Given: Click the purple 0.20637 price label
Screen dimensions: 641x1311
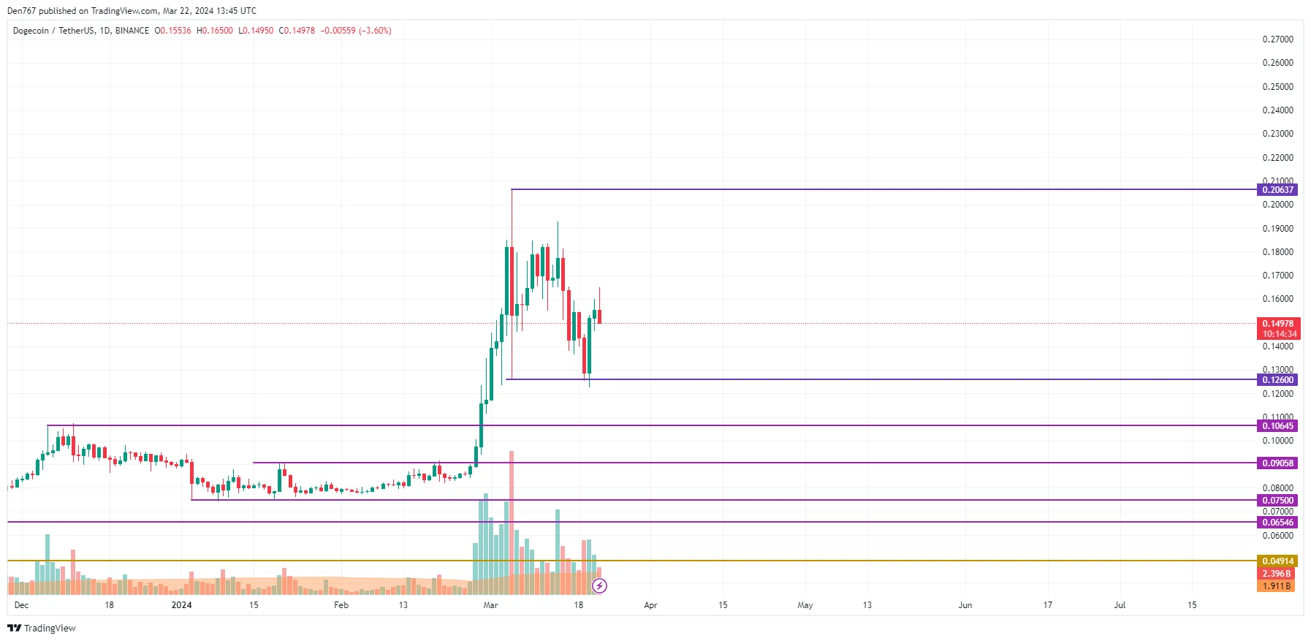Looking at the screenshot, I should (x=1277, y=190).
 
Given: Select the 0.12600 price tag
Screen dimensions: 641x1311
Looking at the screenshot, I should (x=1277, y=380).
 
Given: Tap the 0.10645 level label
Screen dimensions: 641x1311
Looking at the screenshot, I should (x=1277, y=426).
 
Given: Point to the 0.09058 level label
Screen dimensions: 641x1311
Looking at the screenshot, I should (x=1277, y=463).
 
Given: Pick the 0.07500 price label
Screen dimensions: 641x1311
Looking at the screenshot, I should (x=1277, y=501).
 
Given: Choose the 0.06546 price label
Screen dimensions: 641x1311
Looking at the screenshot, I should (x=1277, y=523).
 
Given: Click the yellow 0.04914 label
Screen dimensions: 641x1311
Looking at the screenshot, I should (x=1277, y=561).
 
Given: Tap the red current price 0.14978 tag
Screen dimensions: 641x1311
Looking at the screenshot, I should (x=1277, y=324).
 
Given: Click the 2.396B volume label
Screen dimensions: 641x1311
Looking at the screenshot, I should (x=1276, y=574).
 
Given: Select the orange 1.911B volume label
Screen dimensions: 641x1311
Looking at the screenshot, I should (x=1276, y=586).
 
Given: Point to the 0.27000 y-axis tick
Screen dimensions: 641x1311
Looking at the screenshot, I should (x=1277, y=39).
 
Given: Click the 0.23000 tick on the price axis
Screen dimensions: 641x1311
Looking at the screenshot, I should (x=1277, y=134).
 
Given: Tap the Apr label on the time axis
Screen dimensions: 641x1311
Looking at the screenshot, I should (x=650, y=605).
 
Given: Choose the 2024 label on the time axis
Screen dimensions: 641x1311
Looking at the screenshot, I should (x=181, y=605).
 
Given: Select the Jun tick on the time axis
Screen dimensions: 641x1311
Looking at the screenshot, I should (x=965, y=605).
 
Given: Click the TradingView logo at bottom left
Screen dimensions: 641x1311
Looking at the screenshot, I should (x=42, y=629).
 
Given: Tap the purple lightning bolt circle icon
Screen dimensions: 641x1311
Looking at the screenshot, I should (x=599, y=585).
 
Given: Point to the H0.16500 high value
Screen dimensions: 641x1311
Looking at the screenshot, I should (x=215, y=31).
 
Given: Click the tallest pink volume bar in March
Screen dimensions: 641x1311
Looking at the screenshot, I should (x=512, y=512).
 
